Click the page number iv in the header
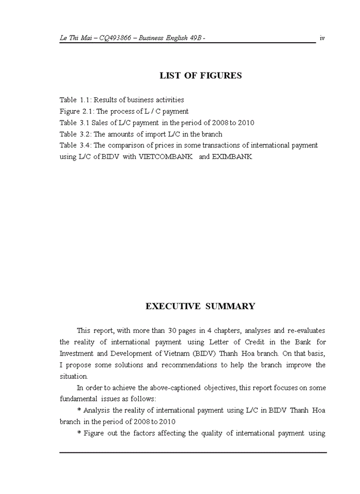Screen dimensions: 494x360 (322, 38)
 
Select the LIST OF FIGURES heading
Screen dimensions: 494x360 (201, 76)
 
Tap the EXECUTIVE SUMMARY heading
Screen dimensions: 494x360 (200, 306)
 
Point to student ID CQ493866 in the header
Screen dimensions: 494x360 (118, 38)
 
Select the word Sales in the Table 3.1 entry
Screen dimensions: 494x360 (102, 122)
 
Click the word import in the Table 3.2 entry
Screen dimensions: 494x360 (143, 134)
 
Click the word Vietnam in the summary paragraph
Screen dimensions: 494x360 (177, 354)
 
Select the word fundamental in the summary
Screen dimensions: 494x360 (80, 399)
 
